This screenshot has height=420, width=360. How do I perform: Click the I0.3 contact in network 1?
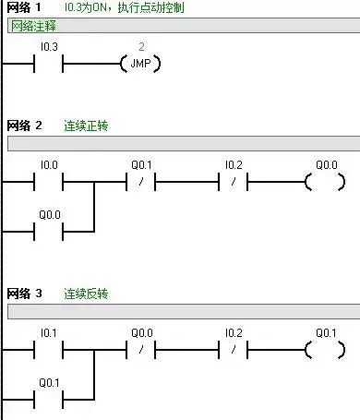50,64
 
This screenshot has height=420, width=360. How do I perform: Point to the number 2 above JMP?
141,45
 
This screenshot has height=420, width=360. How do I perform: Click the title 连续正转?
86,125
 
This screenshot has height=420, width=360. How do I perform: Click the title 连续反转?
86,294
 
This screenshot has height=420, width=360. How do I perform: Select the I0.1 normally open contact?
50,351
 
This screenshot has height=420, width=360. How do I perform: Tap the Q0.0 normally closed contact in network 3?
141,351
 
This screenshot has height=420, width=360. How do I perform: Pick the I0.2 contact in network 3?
234,351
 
